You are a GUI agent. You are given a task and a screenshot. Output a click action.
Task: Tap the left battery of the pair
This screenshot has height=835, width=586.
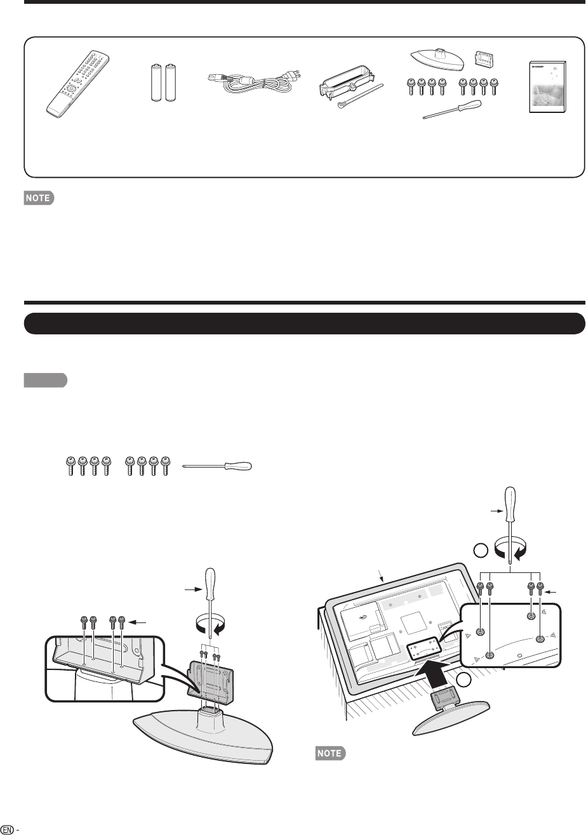click(x=156, y=82)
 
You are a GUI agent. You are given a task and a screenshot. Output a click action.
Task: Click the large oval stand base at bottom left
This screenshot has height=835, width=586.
click(x=203, y=736)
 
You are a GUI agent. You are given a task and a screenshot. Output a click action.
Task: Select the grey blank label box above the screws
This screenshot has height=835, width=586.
click(x=45, y=379)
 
